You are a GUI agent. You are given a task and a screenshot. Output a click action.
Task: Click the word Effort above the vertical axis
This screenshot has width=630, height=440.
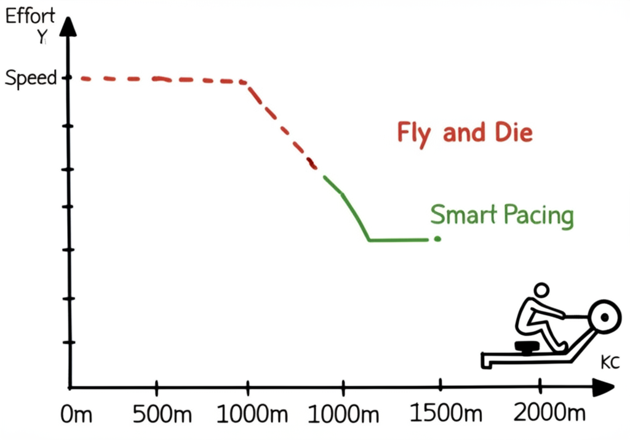click(30, 17)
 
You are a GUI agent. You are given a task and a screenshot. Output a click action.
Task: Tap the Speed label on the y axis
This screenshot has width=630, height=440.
click(30, 78)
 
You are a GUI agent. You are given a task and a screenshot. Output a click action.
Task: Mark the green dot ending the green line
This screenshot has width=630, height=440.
click(437, 239)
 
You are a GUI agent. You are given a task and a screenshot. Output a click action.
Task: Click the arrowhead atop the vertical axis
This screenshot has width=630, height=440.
click(69, 26)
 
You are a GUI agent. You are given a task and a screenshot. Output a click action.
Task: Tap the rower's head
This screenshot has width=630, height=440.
click(541, 290)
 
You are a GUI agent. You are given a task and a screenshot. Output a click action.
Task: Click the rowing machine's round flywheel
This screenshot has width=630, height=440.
click(604, 317)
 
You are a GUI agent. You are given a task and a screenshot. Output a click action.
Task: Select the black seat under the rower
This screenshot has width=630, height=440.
click(527, 348)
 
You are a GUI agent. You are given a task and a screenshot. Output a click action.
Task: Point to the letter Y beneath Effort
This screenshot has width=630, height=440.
click(41, 38)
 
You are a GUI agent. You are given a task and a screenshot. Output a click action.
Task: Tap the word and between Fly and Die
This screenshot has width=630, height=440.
click(462, 132)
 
